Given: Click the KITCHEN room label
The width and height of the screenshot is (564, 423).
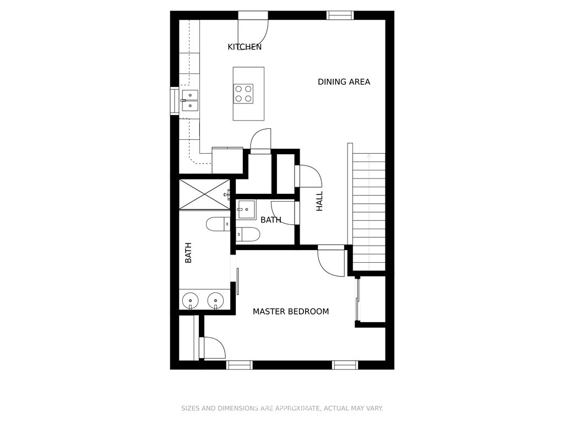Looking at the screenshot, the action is click(x=245, y=47).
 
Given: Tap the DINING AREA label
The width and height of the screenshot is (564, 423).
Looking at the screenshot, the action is click(x=344, y=82).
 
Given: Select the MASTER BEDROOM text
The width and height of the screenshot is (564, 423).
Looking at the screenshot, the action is click(x=291, y=312).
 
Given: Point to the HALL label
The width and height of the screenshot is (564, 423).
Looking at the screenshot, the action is click(x=319, y=201).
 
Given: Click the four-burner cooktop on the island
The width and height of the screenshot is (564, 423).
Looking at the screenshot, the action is click(x=243, y=94).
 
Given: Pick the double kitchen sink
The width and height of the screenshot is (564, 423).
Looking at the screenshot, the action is click(x=189, y=100).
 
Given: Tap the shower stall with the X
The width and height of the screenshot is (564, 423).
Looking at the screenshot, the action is click(x=205, y=193).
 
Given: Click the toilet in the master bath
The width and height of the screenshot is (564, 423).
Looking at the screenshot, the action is click(x=218, y=225).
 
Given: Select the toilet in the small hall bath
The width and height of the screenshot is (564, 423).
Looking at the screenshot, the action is click(x=248, y=235).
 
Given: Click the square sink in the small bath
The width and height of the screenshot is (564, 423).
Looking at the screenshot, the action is click(x=246, y=210).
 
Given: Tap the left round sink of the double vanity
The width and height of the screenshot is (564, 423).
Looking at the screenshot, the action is click(x=190, y=300).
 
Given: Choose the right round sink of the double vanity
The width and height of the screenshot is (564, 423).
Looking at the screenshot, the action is click(x=215, y=300).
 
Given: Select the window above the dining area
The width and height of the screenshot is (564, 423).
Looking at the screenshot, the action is click(x=340, y=15).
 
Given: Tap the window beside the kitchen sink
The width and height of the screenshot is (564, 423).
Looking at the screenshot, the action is click(x=175, y=101).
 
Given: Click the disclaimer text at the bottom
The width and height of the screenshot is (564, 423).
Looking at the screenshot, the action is click(x=282, y=408).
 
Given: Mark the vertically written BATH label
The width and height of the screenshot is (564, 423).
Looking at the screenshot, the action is click(x=188, y=253).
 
